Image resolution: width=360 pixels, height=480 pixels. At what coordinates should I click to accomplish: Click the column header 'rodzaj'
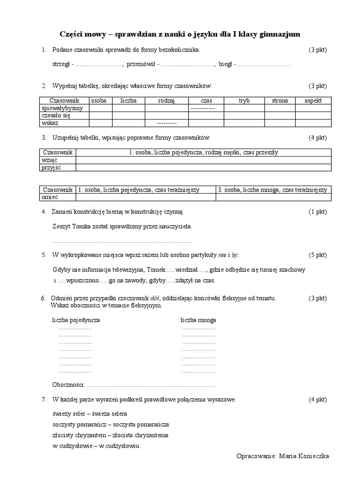(166, 100)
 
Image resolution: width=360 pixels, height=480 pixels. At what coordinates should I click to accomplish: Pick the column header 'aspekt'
(313, 100)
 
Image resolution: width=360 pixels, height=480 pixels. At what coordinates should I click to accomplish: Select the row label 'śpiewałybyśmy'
(62, 108)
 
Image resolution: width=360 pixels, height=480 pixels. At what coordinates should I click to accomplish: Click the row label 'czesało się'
(56, 115)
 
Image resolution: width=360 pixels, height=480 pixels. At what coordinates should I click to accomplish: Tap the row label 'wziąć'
(50, 160)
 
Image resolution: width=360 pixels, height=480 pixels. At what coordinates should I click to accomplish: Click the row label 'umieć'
(50, 197)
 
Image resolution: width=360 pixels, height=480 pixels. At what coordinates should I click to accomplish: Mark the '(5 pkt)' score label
(317, 255)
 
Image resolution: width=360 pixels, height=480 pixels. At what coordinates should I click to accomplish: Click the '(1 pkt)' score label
(317, 212)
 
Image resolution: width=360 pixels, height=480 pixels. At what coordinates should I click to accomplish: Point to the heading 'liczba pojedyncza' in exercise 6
(75, 320)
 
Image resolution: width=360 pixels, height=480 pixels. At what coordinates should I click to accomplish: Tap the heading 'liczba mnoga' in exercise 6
(198, 320)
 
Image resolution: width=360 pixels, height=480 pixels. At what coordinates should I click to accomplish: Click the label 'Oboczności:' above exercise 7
(68, 385)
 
